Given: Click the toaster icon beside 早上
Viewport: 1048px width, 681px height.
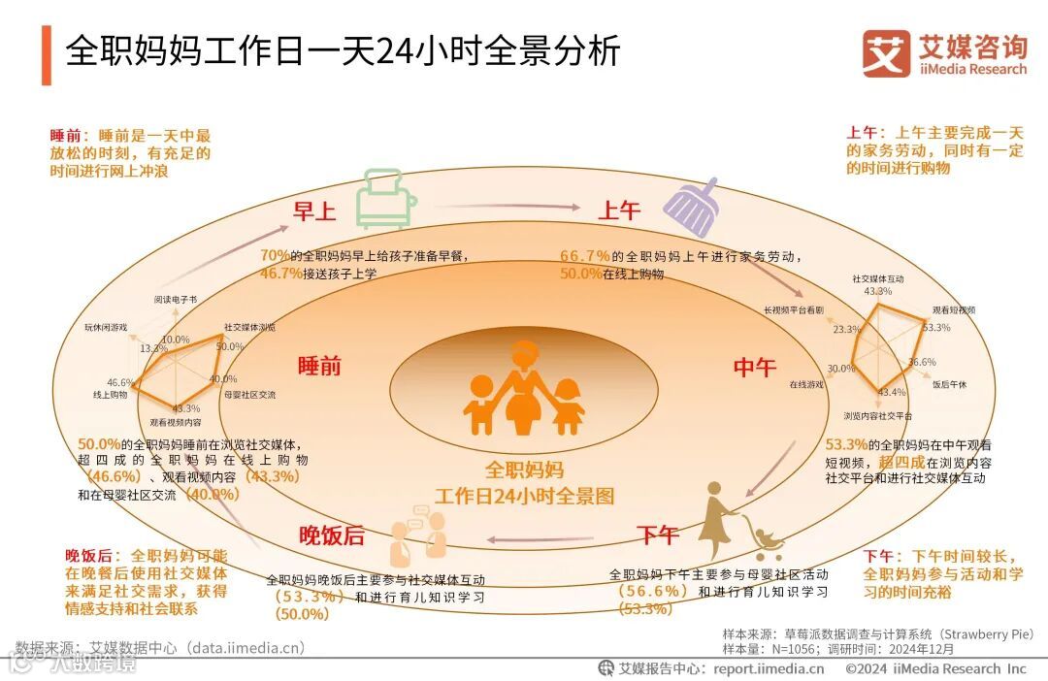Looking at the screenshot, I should (385, 198).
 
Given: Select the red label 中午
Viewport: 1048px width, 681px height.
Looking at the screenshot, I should (755, 368).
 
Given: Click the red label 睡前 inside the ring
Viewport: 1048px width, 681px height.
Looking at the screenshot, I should (319, 366).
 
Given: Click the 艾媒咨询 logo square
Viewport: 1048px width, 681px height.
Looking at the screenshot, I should (886, 53).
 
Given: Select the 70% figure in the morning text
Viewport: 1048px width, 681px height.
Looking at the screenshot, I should (275, 255).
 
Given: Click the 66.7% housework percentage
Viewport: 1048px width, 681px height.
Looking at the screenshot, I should (585, 256).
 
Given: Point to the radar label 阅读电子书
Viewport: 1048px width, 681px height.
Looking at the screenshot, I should (176, 301).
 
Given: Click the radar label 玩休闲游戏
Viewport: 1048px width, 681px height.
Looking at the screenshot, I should (106, 328).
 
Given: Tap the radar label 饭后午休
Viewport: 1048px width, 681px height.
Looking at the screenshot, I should (949, 384).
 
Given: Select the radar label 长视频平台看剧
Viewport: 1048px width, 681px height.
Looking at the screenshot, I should (794, 310).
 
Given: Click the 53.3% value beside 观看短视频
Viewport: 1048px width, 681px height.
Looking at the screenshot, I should (936, 328).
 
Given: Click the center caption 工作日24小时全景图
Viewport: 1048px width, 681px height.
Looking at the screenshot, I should (524, 496).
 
